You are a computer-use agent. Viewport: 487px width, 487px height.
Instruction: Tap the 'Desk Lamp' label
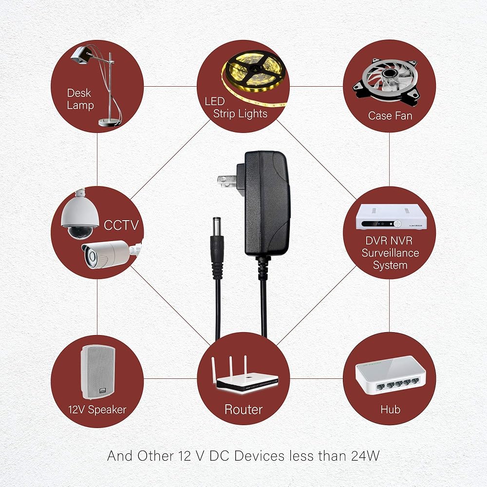[79, 99]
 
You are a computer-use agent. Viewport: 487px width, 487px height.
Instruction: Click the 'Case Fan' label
[390, 116]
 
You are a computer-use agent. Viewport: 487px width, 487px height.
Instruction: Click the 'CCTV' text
[122, 225]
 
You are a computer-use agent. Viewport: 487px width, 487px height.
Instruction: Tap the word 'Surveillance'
[390, 253]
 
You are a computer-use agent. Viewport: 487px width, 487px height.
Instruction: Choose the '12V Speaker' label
[97, 410]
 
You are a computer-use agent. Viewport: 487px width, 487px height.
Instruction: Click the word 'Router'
[243, 410]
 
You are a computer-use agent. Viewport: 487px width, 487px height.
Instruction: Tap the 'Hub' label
[390, 410]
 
